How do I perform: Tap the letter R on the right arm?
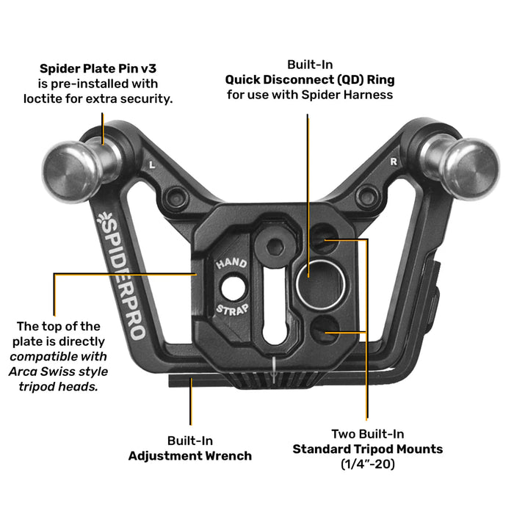394,160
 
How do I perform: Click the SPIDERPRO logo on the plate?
122,276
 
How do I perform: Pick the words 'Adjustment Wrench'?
189,455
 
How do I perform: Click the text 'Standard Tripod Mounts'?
367,449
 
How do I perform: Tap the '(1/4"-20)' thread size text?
367,464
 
